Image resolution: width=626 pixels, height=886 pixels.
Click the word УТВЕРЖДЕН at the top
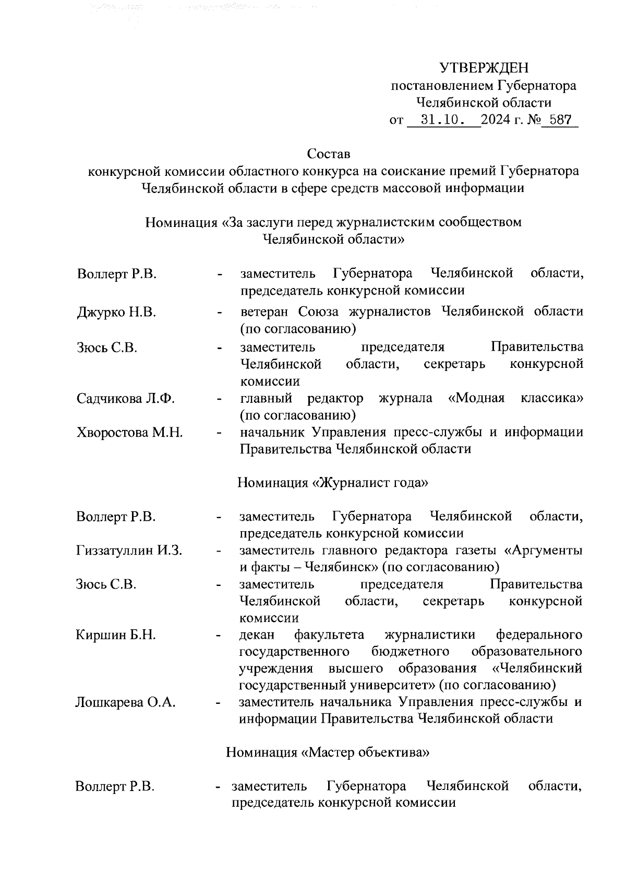(484, 68)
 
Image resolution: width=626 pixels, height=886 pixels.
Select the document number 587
(560, 120)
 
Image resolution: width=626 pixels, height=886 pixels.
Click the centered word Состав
(329, 154)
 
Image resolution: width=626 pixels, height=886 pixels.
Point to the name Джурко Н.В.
(116, 312)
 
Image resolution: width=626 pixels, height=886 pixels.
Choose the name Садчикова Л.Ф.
(125, 399)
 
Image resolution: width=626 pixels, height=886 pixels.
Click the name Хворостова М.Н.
(129, 433)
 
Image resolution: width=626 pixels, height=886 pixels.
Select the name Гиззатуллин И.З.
(129, 550)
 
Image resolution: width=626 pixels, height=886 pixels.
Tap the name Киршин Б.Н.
(116, 635)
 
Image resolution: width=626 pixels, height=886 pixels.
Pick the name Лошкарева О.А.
(125, 702)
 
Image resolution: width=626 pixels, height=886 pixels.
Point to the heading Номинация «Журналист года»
(333, 483)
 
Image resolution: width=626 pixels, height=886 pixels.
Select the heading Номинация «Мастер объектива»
(328, 752)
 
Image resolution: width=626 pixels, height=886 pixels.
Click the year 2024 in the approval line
(497, 120)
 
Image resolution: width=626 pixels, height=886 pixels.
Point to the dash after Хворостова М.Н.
(221, 433)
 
